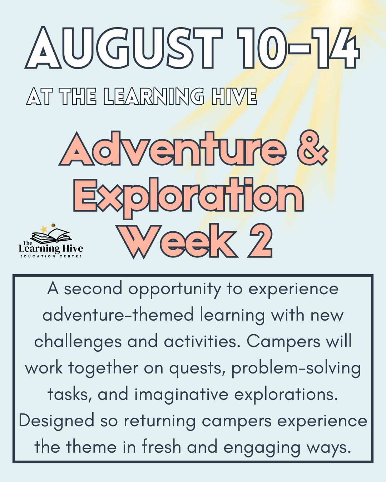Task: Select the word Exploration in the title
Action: (188, 196)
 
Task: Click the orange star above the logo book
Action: (44, 229)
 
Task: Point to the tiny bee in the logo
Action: (53, 225)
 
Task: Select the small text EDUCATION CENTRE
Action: (51, 256)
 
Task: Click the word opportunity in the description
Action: (175, 289)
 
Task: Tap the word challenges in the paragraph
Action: (78, 342)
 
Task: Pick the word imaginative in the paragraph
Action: (181, 395)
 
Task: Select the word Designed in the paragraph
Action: (56, 421)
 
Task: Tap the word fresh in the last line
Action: (161, 447)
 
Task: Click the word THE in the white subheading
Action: (78, 97)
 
